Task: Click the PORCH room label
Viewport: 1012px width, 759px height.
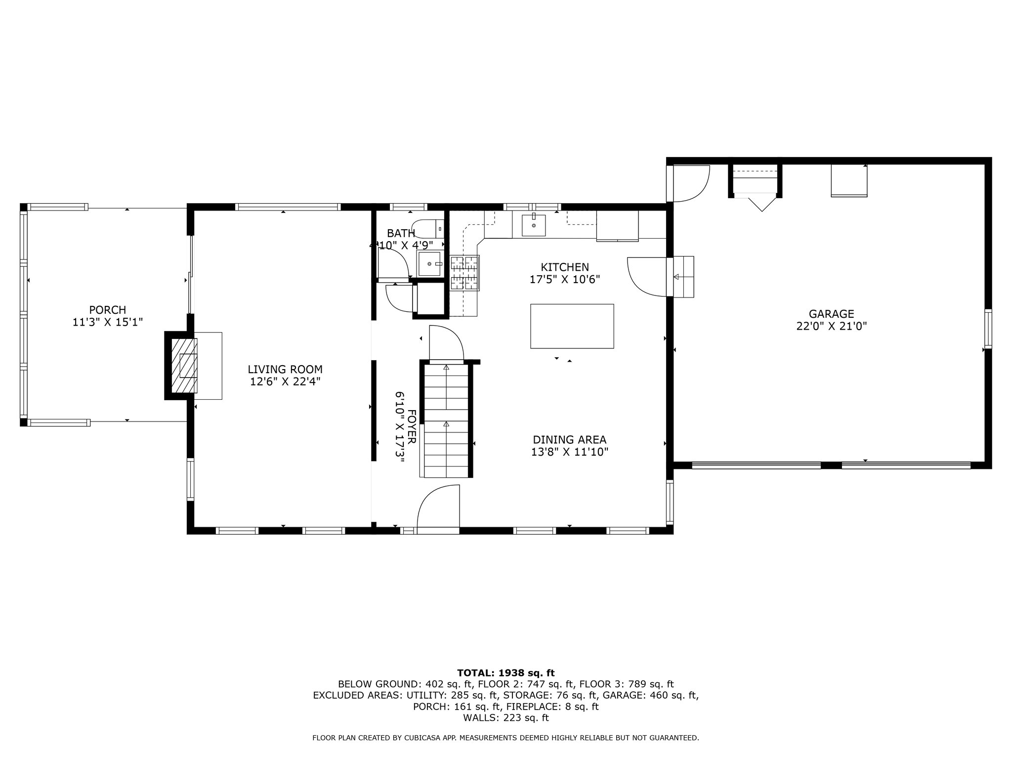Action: point(108,310)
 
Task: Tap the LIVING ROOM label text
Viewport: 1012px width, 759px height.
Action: point(285,370)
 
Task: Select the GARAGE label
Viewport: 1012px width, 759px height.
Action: point(832,314)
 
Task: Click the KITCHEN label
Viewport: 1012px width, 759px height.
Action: point(565,267)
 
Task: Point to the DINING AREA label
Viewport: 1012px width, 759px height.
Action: point(570,440)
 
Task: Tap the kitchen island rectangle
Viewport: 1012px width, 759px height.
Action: point(572,326)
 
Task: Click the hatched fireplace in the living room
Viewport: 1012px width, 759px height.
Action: point(184,366)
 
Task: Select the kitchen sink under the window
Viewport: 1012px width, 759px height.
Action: point(534,225)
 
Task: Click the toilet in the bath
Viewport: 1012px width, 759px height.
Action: point(428,229)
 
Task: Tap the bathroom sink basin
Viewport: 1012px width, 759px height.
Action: point(430,264)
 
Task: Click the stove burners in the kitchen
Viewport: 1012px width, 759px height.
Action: point(464,272)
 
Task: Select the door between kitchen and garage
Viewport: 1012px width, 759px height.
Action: point(647,277)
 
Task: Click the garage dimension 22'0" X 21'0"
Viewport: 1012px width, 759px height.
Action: point(832,327)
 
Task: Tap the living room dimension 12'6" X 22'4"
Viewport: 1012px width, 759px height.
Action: point(285,382)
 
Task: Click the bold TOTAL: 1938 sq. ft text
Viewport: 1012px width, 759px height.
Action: point(506,673)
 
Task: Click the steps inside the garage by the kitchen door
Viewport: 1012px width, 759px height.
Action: point(684,277)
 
